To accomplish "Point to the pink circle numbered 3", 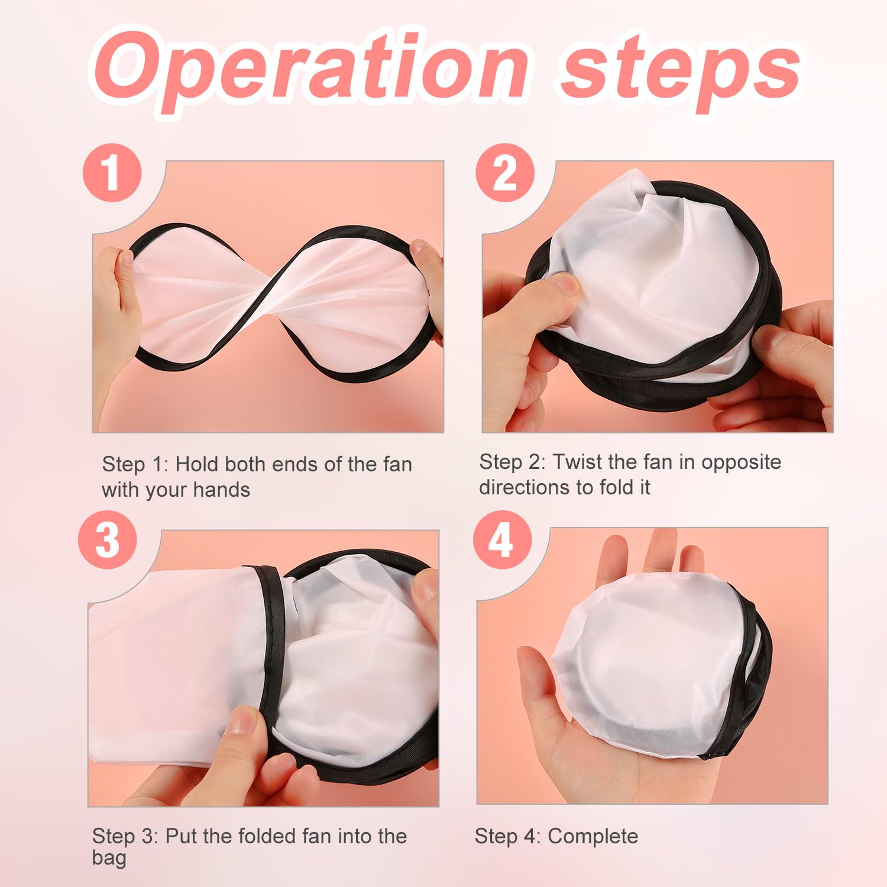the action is coord(108,540).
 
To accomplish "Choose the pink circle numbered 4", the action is coord(501,540).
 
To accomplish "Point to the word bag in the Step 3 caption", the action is coord(109,859).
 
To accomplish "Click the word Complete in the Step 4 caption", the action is coord(593,837).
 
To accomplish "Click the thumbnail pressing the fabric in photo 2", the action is coord(569,287).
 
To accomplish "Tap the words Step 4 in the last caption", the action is coord(507,837).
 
